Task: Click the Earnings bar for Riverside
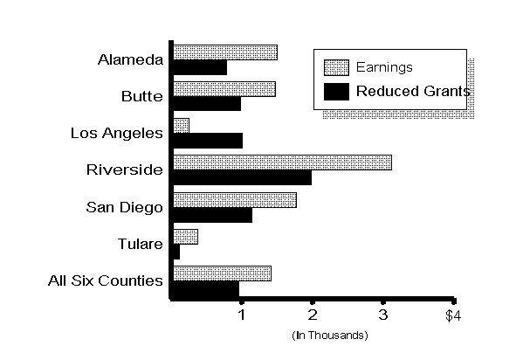[x=282, y=162]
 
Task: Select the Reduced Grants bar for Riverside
[x=242, y=177]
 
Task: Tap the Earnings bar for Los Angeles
[x=181, y=125]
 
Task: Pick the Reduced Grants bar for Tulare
[x=176, y=252]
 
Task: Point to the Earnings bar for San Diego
[x=234, y=199]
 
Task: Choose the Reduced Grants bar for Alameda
[x=200, y=67]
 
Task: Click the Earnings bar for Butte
[x=224, y=88]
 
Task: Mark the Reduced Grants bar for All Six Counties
[x=206, y=288]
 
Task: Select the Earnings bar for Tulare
[x=185, y=236]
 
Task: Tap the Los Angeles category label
[x=117, y=133]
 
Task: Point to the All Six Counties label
[x=106, y=280]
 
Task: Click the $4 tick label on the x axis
[x=451, y=315]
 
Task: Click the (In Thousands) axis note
[x=329, y=335]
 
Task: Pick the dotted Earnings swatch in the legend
[x=336, y=67]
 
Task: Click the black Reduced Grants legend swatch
[x=336, y=90]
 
